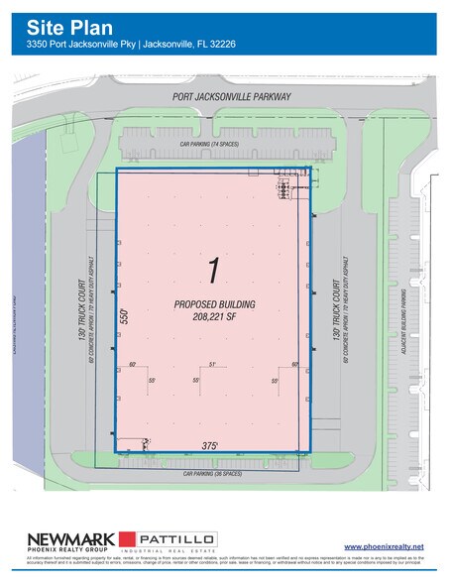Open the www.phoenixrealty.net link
(x=384, y=546)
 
